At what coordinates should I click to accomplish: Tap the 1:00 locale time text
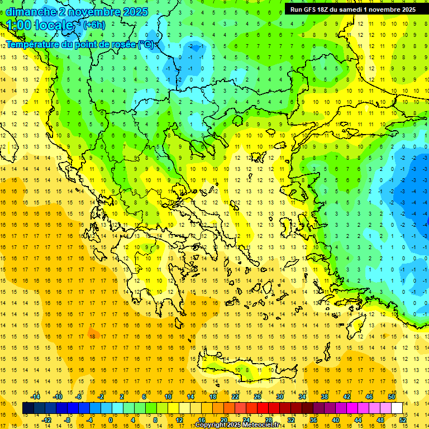[x=40, y=25]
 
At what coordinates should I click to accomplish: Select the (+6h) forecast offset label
[x=94, y=25]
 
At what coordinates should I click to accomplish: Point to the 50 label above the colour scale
[x=391, y=397]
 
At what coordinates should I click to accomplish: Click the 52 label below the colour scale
[x=403, y=420]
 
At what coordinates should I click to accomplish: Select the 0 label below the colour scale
[x=111, y=420]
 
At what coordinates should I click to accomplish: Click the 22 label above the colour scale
[x=235, y=397]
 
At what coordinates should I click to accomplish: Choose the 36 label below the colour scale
[x=313, y=420]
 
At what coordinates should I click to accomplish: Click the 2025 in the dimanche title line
[x=134, y=11]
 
